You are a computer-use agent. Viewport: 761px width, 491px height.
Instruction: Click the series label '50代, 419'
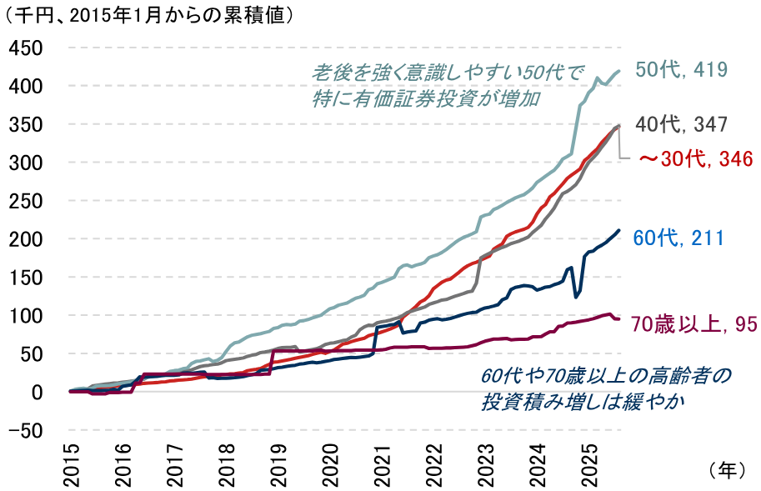pyautogui.click(x=682, y=70)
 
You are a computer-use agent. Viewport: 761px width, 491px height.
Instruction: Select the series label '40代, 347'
pyautogui.click(x=682, y=125)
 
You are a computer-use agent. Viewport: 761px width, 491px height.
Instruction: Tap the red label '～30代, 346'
pyautogui.click(x=695, y=158)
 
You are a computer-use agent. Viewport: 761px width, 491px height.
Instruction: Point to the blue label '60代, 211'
pyautogui.click(x=678, y=238)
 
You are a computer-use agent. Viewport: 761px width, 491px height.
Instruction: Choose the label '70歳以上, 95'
pyautogui.click(x=694, y=324)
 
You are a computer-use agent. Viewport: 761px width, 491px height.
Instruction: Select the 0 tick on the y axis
pyautogui.click(x=38, y=392)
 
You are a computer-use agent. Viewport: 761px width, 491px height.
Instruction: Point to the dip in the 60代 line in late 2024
pyautogui.click(x=576, y=296)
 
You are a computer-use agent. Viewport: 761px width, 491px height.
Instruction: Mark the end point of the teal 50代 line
pyautogui.click(x=619, y=71)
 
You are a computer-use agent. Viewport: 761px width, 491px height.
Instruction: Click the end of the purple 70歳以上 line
pyautogui.click(x=618, y=319)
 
